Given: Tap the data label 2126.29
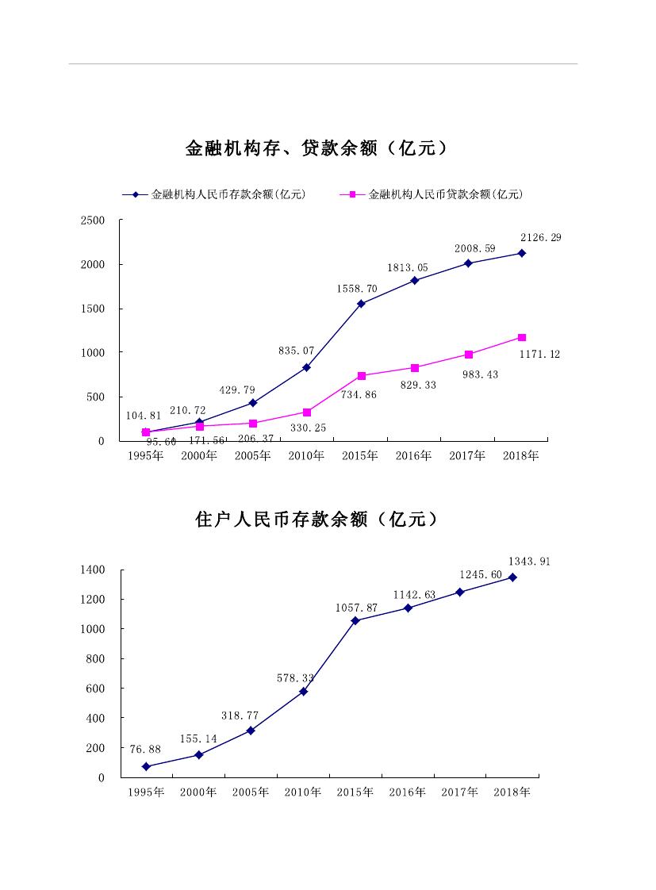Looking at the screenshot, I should tap(540, 237).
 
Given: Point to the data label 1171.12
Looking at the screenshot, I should tap(539, 355).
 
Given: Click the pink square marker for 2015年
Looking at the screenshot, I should tap(362, 376).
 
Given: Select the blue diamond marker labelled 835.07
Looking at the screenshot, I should tap(307, 367).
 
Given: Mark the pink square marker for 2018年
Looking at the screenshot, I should tap(522, 338).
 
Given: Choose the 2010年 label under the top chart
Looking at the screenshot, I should tap(306, 456).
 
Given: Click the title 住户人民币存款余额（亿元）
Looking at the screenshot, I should tap(316, 520).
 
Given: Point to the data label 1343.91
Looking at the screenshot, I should tap(530, 562).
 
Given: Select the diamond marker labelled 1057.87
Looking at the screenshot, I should tap(355, 620).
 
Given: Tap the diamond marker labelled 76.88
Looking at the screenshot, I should tap(146, 766).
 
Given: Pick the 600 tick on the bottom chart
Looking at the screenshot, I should tap(95, 689).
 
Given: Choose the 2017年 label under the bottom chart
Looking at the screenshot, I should tap(459, 792).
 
